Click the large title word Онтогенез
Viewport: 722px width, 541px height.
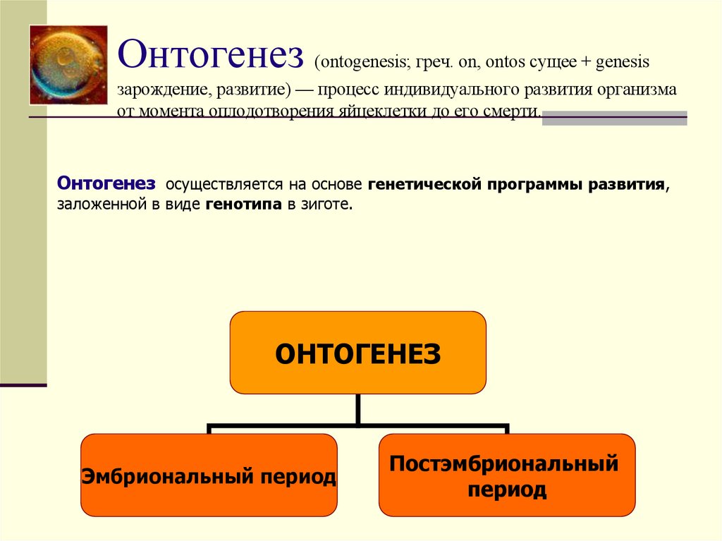point(210,56)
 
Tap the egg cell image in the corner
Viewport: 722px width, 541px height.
point(68,65)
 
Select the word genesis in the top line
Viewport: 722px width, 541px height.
point(623,62)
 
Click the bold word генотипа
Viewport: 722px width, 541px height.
point(243,205)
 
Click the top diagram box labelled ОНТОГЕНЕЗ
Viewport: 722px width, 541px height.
point(357,352)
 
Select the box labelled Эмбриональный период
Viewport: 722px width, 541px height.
point(209,475)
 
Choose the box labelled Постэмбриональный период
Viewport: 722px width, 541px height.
point(506,475)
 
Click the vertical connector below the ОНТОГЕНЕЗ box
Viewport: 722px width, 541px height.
point(358,409)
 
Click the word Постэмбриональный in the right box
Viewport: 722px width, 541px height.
point(504,464)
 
